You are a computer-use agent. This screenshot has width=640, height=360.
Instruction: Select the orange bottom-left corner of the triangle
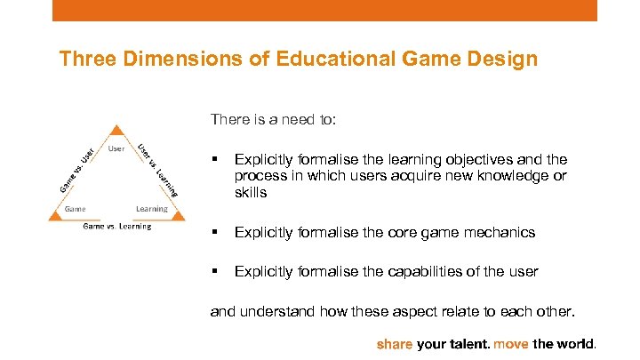pyautogui.click(x=55, y=214)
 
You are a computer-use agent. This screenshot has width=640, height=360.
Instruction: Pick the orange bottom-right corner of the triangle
pyautogui.click(x=178, y=214)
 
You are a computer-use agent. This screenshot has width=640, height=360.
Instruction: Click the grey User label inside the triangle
pyautogui.click(x=116, y=148)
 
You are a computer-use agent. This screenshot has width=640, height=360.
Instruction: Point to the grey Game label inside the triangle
pyautogui.click(x=75, y=209)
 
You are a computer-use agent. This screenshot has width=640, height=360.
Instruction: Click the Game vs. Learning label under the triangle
pyautogui.click(x=116, y=227)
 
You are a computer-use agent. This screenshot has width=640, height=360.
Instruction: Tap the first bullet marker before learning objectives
pyautogui.click(x=213, y=160)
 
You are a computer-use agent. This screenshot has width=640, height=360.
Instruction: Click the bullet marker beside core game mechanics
pyautogui.click(x=213, y=233)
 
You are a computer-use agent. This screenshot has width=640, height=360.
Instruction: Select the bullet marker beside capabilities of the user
pyautogui.click(x=213, y=271)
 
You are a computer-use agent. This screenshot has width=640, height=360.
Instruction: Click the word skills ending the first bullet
pyautogui.click(x=251, y=193)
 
